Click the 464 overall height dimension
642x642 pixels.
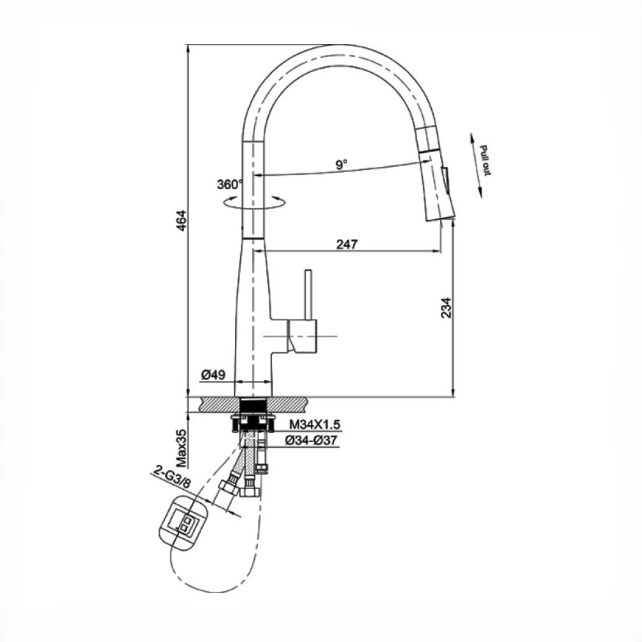coord(181,220)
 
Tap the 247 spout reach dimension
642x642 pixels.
coord(346,245)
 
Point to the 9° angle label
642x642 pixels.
coord(341,164)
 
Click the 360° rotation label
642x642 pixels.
coord(230,185)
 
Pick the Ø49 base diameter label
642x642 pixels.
coord(213,374)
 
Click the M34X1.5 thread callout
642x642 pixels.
coord(315,425)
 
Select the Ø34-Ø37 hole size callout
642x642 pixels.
coord(312,441)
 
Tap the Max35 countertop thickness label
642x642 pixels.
coord(181,448)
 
